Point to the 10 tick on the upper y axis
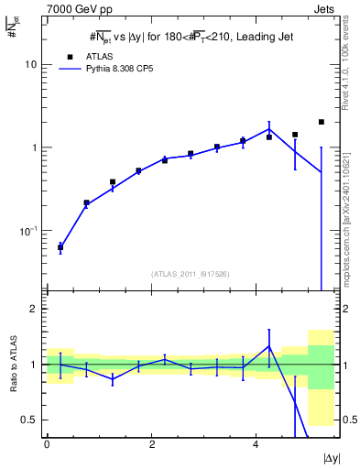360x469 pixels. (31, 65)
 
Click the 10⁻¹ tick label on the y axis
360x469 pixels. (28, 230)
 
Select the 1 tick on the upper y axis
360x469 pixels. (34, 147)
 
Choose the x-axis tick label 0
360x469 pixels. (47, 443)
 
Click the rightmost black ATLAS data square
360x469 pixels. (322, 122)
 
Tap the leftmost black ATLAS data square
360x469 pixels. (60, 247)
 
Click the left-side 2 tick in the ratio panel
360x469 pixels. (34, 309)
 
